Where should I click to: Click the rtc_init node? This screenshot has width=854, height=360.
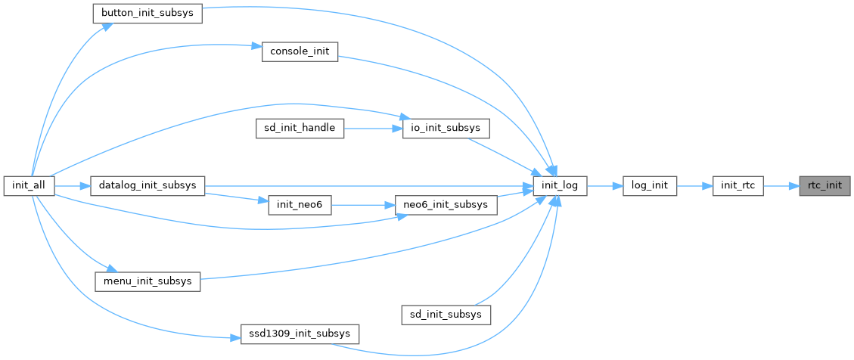click(x=825, y=185)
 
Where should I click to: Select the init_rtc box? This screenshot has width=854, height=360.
click(x=738, y=185)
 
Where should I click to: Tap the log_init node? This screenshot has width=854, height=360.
click(x=649, y=185)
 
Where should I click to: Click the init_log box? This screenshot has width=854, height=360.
click(x=560, y=185)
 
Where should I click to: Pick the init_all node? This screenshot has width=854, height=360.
click(x=28, y=185)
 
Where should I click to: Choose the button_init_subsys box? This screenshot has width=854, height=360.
click(x=147, y=14)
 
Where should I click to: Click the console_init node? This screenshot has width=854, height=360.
click(x=300, y=52)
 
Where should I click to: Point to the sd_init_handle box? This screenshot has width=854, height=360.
click(x=300, y=129)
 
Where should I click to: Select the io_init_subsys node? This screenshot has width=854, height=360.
click(x=446, y=129)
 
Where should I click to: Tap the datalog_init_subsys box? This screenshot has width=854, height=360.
click(x=148, y=185)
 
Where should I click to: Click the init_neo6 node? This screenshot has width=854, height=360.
click(x=300, y=205)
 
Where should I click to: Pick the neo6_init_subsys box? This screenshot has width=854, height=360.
click(x=446, y=205)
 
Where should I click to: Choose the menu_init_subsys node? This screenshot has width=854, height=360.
click(x=147, y=281)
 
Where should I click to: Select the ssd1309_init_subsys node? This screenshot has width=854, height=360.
click(x=300, y=333)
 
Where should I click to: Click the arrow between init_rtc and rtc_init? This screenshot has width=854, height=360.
click(x=781, y=185)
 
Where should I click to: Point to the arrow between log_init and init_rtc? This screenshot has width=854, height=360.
click(x=694, y=185)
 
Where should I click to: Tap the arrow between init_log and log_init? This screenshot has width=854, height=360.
click(x=604, y=185)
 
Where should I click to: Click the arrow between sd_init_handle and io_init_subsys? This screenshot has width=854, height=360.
click(x=372, y=129)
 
